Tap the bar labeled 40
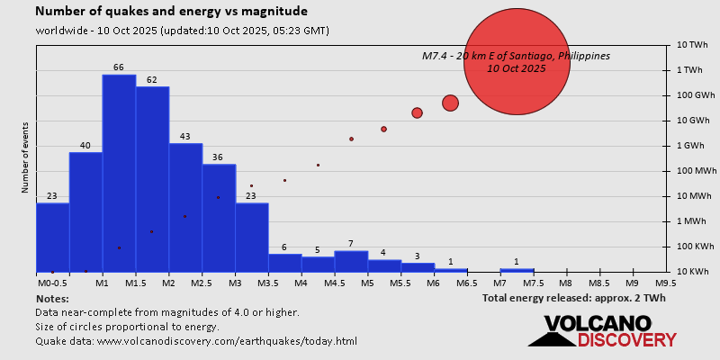(x=85, y=211)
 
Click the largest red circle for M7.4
(x=517, y=62)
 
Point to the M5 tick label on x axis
(x=367, y=283)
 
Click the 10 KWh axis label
(x=691, y=272)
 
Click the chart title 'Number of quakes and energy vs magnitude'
(x=171, y=12)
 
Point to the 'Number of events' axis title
(x=25, y=158)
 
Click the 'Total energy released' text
(x=573, y=298)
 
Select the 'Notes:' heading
(x=52, y=298)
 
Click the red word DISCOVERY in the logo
(x=626, y=339)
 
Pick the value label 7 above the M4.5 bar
(x=350, y=244)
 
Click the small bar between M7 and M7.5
(x=517, y=270)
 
